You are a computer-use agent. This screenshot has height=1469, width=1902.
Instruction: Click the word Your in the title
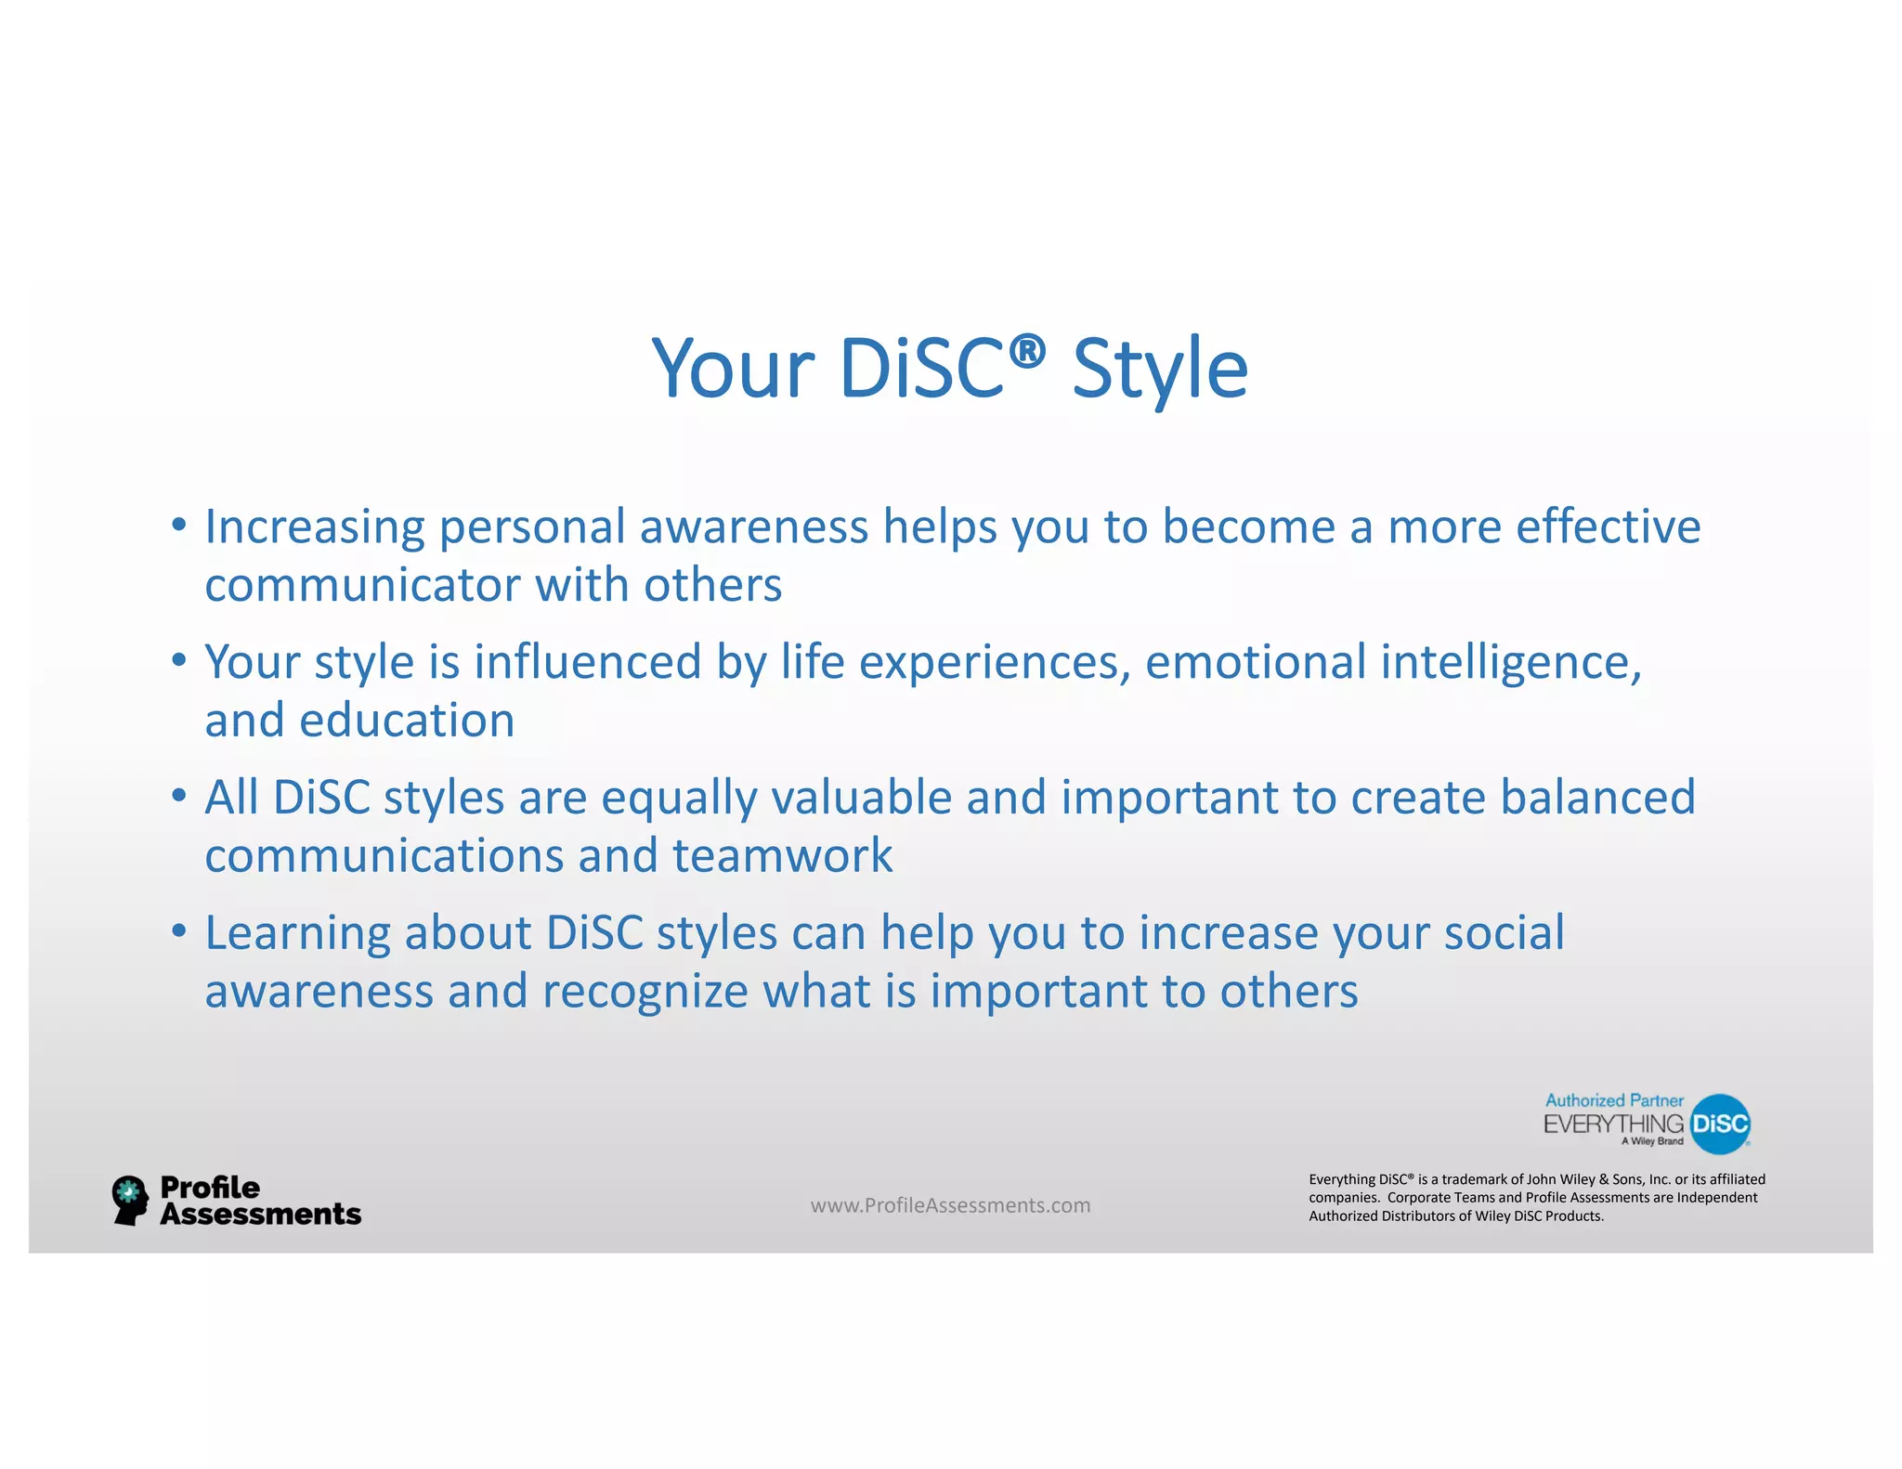[733, 370]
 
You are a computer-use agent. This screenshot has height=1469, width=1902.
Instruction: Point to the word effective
[1608, 526]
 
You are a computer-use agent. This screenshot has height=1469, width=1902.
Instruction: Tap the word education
[407, 721]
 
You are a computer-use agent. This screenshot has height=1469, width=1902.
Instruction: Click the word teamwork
[782, 855]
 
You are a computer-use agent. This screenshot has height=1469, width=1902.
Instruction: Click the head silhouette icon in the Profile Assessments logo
[129, 1200]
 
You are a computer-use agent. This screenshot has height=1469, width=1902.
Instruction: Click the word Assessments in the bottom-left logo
[260, 1215]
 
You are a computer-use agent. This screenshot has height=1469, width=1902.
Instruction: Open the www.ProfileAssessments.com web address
[950, 1205]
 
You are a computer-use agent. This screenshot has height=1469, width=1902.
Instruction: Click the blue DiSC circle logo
[1720, 1124]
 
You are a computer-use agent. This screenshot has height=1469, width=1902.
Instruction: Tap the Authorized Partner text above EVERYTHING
[1613, 1100]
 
